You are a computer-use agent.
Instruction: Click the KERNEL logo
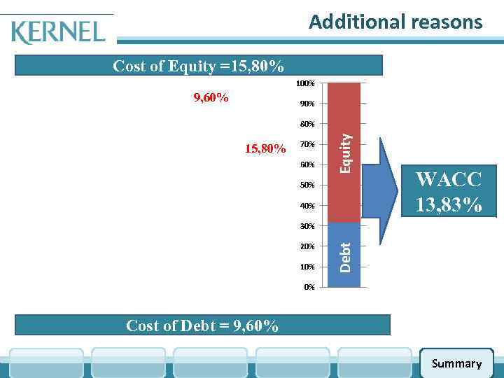58,31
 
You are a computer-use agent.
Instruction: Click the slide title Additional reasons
395,22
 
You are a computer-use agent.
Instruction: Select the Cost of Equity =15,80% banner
199,66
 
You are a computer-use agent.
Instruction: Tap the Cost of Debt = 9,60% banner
202,325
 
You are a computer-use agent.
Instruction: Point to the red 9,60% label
211,97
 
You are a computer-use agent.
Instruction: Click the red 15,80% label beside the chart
265,148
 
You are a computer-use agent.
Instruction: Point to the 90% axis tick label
307,104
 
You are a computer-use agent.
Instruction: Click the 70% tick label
307,145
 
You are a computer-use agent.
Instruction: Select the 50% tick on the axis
307,185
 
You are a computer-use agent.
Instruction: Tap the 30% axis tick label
307,226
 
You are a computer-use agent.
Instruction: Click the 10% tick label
307,267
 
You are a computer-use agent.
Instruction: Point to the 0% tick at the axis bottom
309,287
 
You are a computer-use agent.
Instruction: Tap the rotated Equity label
344,154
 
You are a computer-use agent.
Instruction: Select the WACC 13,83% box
448,192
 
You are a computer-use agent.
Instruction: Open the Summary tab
456,363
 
